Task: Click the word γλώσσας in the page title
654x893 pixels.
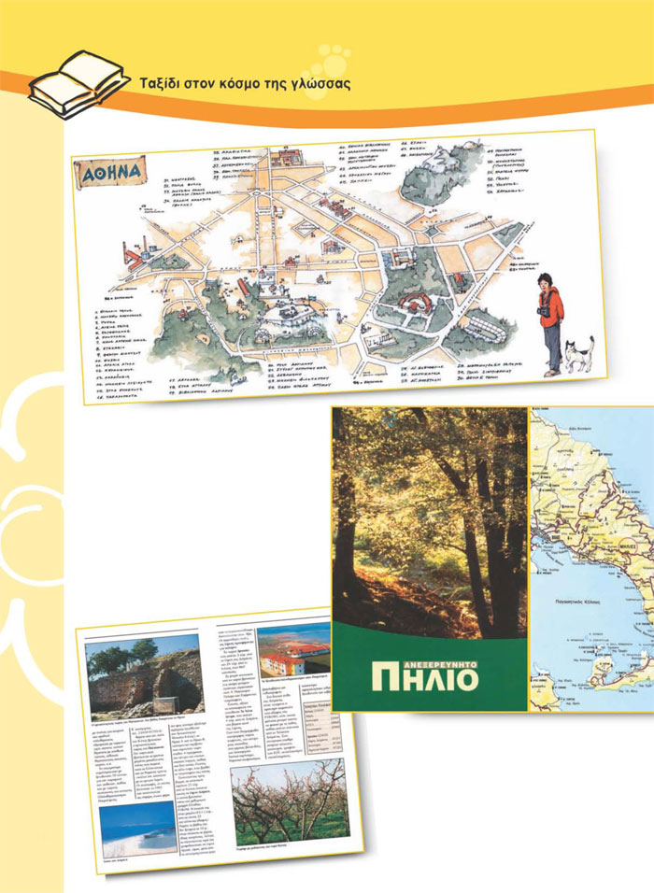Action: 318,83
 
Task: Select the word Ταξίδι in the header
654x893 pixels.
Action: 159,83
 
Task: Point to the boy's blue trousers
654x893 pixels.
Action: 552,352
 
